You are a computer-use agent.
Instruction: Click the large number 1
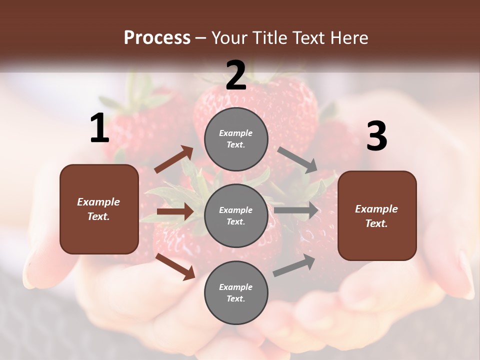tap(99, 128)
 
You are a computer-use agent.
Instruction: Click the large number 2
tap(236, 75)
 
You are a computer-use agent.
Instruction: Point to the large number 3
tap(376, 136)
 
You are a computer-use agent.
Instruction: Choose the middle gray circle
tap(236, 215)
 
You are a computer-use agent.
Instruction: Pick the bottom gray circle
tap(236, 292)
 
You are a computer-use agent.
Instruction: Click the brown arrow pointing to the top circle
tap(174, 159)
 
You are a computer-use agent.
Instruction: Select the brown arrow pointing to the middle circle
tap(175, 211)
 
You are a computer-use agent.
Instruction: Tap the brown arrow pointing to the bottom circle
tap(175, 266)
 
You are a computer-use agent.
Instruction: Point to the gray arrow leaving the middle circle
tap(296, 210)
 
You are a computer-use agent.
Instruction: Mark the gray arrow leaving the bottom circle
tap(294, 265)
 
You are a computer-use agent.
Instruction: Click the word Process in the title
tap(157, 37)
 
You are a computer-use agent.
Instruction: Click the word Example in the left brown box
tap(98, 202)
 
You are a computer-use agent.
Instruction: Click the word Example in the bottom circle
tap(236, 287)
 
